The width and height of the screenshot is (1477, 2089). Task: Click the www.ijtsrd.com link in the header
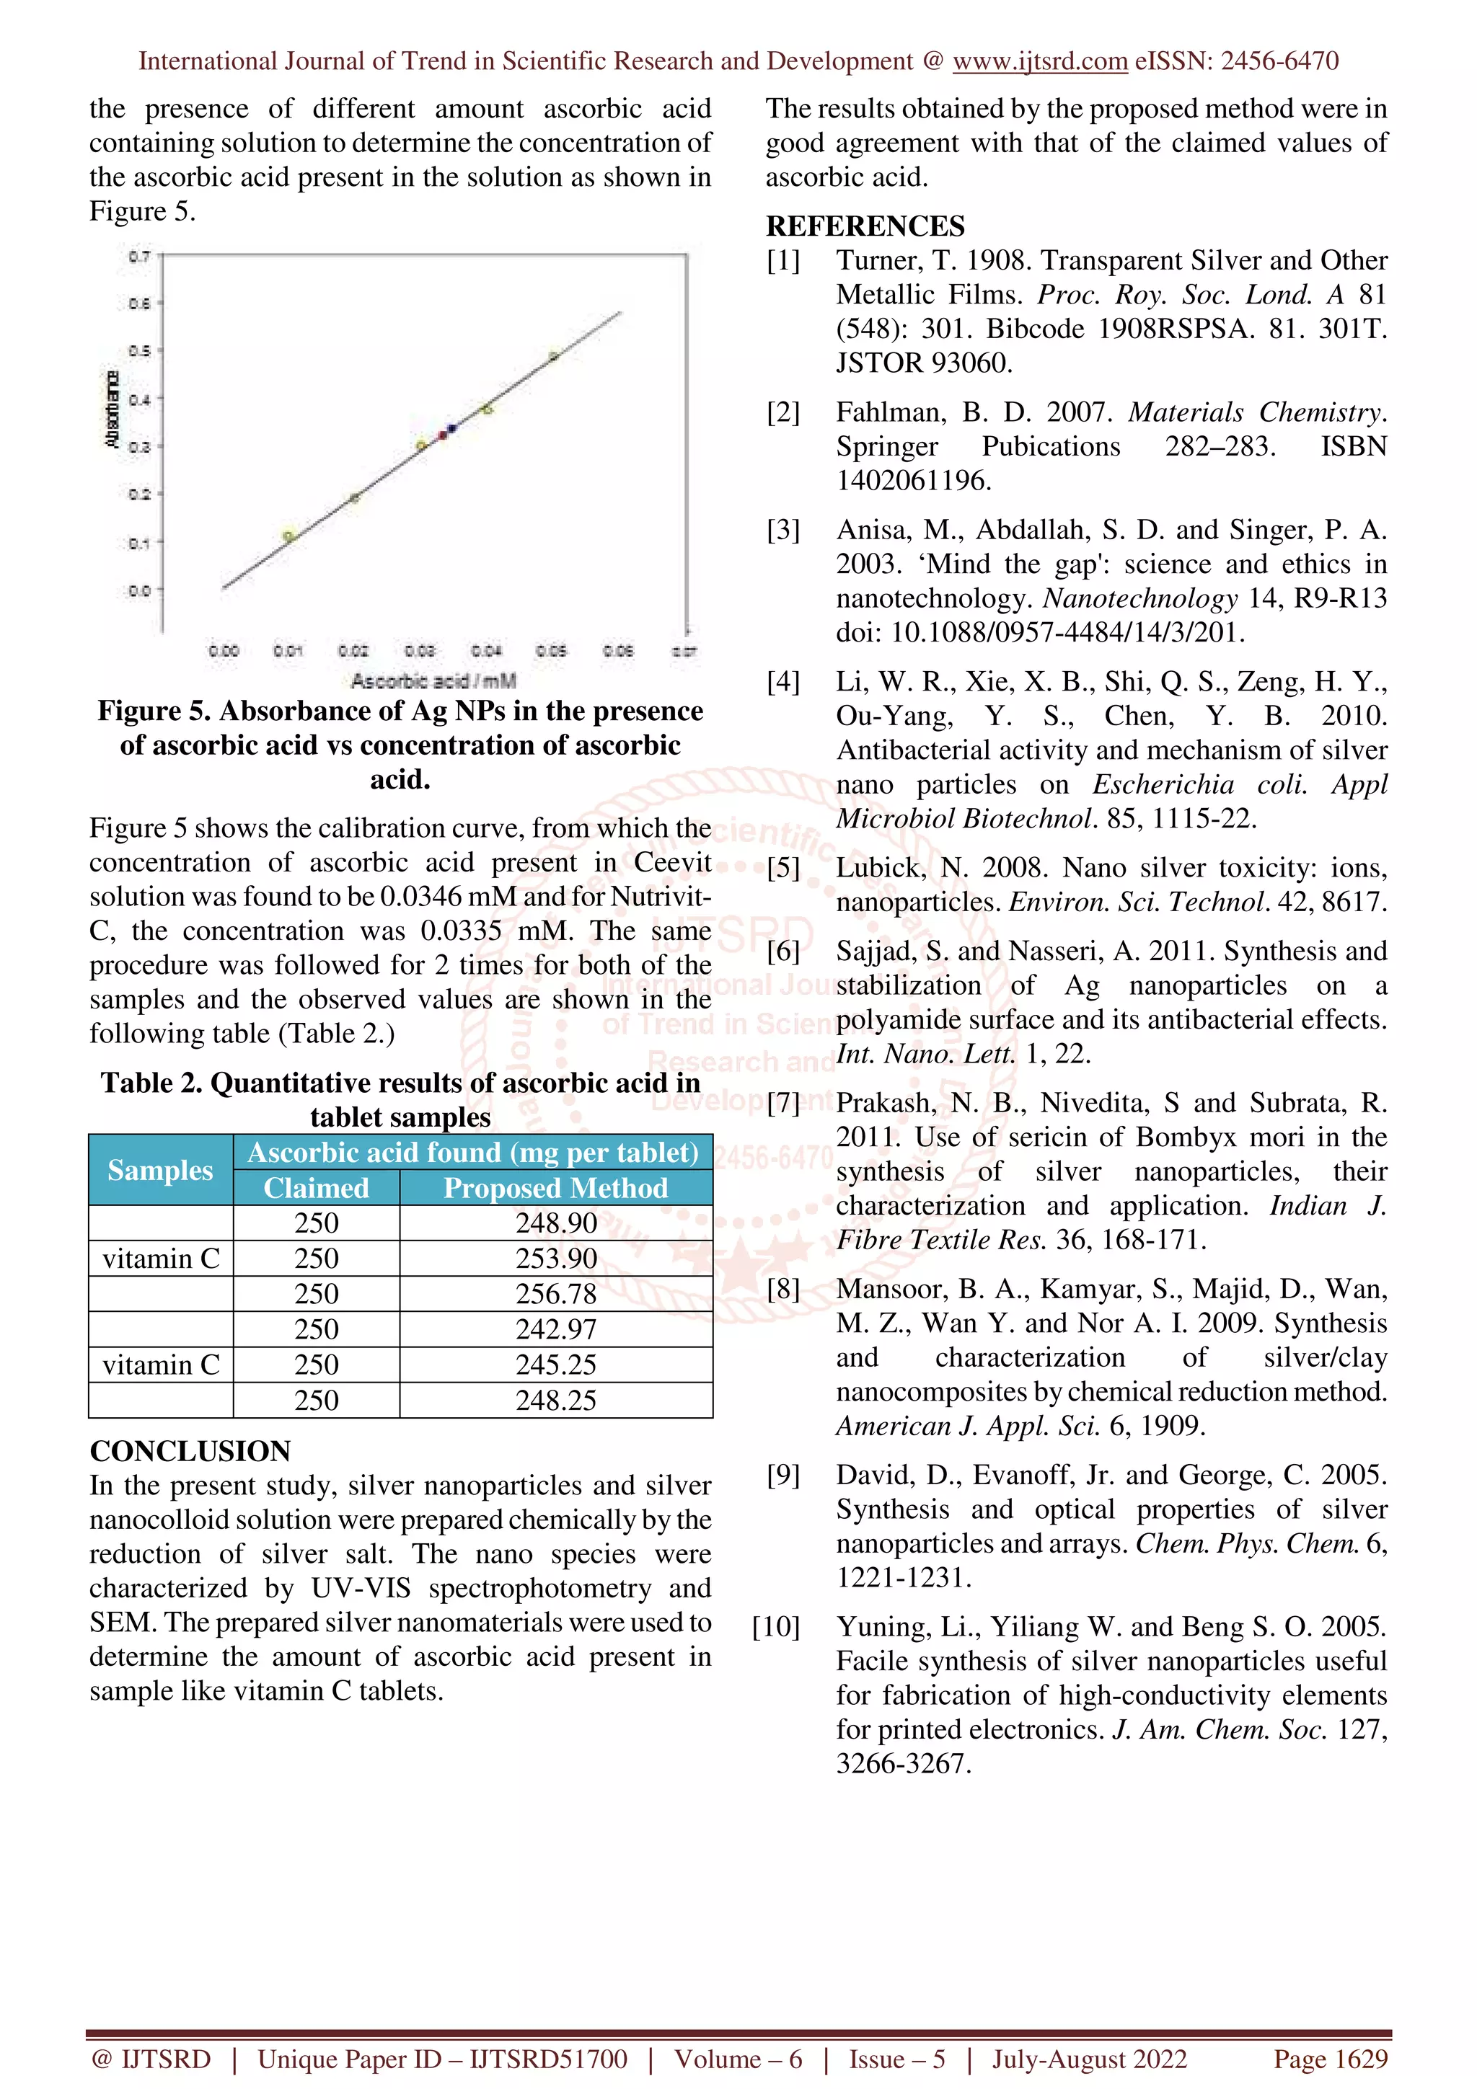pyautogui.click(x=1039, y=61)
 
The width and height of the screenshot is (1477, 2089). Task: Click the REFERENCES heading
pyautogui.click(x=865, y=226)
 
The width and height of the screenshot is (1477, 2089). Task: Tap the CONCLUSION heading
pyautogui.click(x=190, y=1450)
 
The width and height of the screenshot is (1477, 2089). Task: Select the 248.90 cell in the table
pyautogui.click(x=556, y=1223)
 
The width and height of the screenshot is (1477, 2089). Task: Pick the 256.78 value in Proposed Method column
pyautogui.click(x=556, y=1294)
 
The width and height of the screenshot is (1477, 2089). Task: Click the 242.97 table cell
pyautogui.click(x=556, y=1329)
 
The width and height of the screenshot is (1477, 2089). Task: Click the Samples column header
pyautogui.click(x=160, y=1170)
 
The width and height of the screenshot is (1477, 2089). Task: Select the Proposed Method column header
pyautogui.click(x=555, y=1188)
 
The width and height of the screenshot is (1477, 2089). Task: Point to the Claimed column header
pyautogui.click(x=316, y=1188)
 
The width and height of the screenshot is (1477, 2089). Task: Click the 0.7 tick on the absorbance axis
pyautogui.click(x=138, y=257)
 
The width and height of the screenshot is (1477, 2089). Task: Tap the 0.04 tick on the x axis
pyautogui.click(x=486, y=650)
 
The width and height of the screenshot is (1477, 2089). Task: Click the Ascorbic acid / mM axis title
pyautogui.click(x=433, y=680)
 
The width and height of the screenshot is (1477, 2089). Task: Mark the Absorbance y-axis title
pyautogui.click(x=112, y=409)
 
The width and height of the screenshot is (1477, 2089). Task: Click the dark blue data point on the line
pyautogui.click(x=452, y=427)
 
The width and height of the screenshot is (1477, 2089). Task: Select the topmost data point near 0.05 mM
pyautogui.click(x=553, y=357)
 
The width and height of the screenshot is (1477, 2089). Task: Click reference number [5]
pyautogui.click(x=783, y=868)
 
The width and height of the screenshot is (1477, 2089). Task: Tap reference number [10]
pyautogui.click(x=776, y=1627)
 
